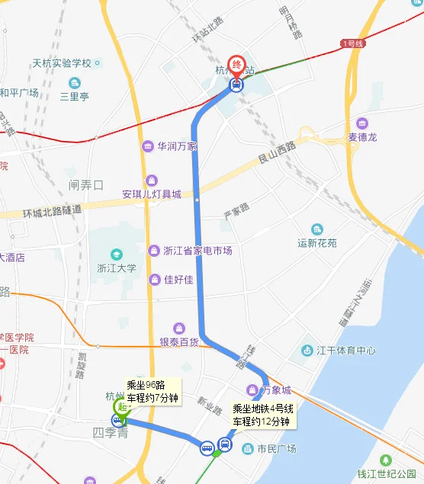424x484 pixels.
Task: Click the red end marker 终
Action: pos(237,63)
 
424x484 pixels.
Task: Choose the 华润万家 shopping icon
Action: pos(147,146)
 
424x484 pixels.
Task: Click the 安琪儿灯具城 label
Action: pos(152,194)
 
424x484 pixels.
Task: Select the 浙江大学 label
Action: pos(116,268)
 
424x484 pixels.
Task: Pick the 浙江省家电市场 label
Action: pos(198,251)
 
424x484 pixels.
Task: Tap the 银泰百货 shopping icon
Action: pos(178,328)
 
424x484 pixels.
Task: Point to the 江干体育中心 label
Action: pos(346,351)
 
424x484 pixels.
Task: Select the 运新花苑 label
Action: pos(317,244)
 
